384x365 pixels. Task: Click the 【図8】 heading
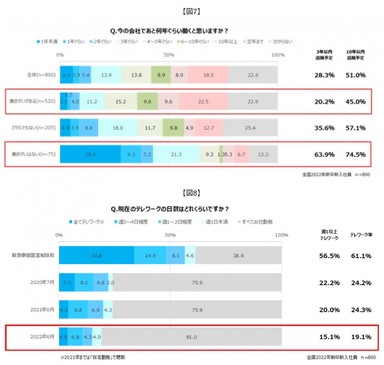pos(192,193)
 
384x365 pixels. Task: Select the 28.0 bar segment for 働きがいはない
pos(90,154)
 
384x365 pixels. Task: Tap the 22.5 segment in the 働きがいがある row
pos(203,101)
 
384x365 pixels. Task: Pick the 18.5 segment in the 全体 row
pos(208,75)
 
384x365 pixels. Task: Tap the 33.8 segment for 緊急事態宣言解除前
pos(96,255)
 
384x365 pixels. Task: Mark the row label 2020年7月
pos(43,282)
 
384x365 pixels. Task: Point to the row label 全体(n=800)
pos(42,75)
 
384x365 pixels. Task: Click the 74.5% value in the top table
pos(356,154)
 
